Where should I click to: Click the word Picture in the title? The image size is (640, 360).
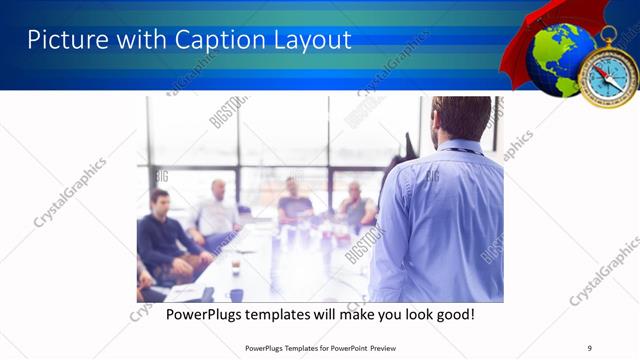point(61,41)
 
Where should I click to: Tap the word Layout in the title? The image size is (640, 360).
point(310,41)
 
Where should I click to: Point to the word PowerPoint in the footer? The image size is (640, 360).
point(341,347)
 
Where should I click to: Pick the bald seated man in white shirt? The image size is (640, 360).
point(218,210)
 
